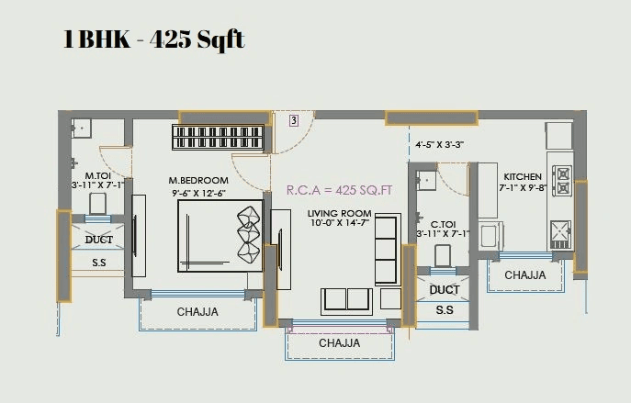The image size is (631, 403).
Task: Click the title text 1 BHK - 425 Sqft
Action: point(153,41)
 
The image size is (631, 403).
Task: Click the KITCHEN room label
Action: point(522,176)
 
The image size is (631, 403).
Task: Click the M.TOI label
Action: point(97,174)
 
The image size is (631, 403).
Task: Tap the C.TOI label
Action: point(444,223)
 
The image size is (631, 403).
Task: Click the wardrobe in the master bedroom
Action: point(219,139)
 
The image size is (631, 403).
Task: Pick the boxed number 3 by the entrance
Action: point(293,120)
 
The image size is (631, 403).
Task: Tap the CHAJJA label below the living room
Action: point(339,343)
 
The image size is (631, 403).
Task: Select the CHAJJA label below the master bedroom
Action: point(197,312)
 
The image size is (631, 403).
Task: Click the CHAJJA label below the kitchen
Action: point(524,274)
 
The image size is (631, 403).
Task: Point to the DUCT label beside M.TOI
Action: point(98,240)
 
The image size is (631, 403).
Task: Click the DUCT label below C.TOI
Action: point(445,289)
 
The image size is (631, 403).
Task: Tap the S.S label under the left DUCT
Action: point(98,263)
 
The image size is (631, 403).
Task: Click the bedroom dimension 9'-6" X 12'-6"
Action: point(198,193)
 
